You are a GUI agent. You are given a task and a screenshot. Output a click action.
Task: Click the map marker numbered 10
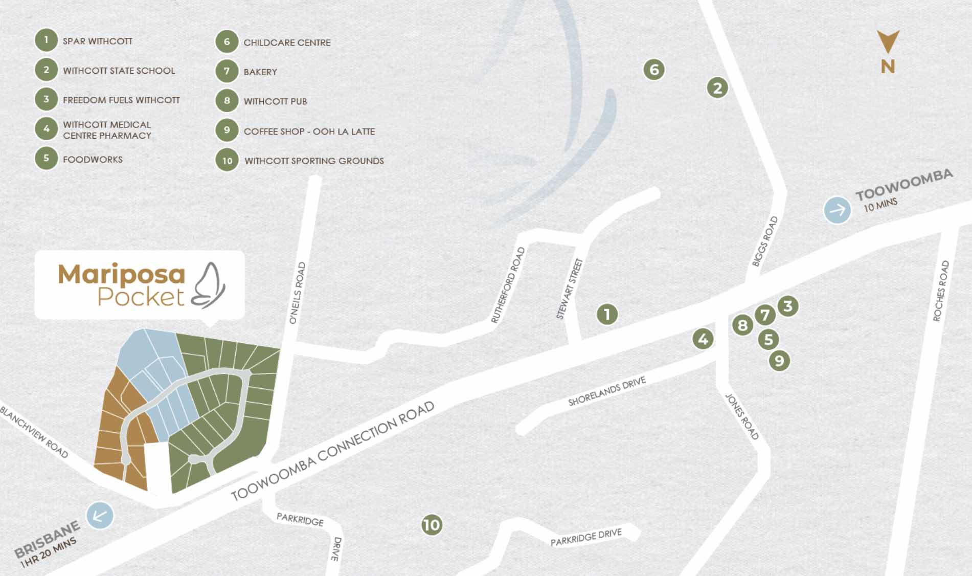coord(432,524)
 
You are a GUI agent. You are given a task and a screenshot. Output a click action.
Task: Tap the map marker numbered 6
coord(654,69)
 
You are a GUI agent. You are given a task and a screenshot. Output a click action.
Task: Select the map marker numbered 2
coord(717,88)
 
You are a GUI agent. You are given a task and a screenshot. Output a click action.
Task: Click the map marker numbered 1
coord(607,314)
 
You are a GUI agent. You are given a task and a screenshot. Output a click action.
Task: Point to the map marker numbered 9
coord(779,361)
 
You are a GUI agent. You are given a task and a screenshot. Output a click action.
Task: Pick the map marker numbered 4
coord(703,339)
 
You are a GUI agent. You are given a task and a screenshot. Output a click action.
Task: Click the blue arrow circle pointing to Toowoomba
coord(837,210)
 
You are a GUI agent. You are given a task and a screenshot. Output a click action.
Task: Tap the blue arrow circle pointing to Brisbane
coord(100,516)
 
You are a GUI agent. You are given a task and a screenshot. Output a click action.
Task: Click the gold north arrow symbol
coord(888,42)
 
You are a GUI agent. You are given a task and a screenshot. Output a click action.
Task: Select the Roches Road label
coord(941,291)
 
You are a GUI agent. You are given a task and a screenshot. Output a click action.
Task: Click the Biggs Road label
coord(764,241)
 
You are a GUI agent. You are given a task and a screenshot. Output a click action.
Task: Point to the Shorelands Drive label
coord(607,391)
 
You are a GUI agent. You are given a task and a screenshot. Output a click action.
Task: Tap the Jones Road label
coord(742,416)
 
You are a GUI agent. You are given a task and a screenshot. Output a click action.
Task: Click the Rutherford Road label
coord(508,285)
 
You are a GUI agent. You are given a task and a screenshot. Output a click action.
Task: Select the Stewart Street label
coord(569,289)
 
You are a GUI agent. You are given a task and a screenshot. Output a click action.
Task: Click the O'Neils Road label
coord(297,293)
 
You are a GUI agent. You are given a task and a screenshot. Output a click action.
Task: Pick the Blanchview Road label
coord(34,431)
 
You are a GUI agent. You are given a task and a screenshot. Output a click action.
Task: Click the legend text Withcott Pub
coord(275,101)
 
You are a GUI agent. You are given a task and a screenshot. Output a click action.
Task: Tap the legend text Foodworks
coord(93,159)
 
